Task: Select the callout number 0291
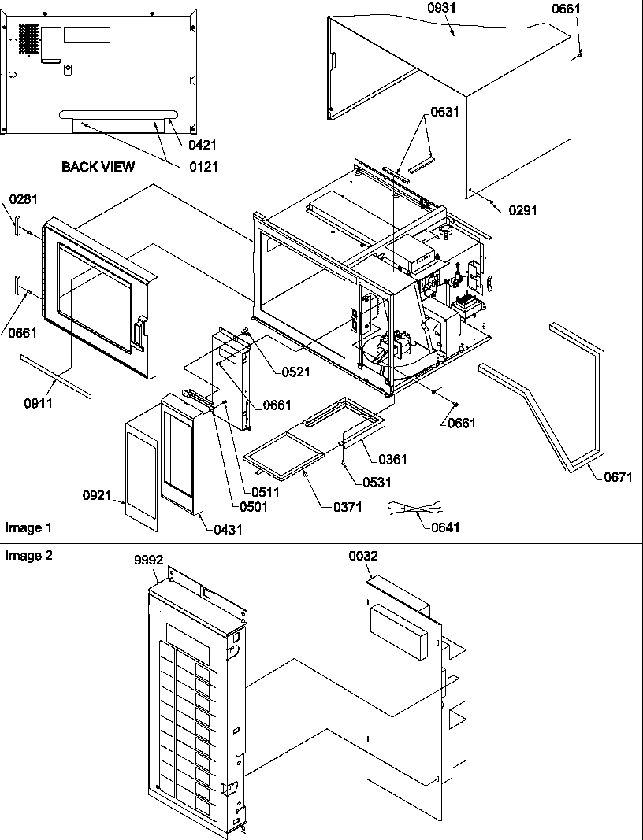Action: pos(522,210)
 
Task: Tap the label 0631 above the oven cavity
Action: pos(444,112)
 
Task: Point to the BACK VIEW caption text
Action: pos(98,166)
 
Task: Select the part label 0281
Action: pos(24,199)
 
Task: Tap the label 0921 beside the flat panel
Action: pos(97,496)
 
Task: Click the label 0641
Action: pos(443,527)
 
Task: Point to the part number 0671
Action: pos(619,477)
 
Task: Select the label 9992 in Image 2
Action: pos(148,560)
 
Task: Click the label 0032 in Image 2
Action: pos(363,556)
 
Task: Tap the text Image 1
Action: pos(29,527)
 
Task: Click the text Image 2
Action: pos(29,556)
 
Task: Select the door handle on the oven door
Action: pos(139,330)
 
